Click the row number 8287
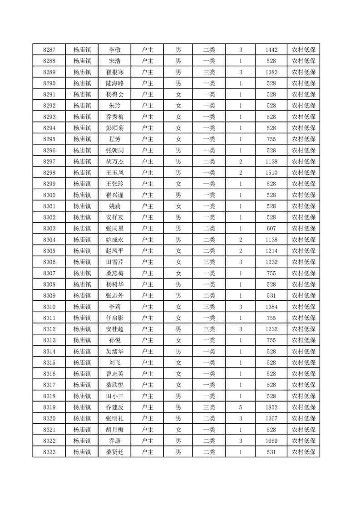point(49,50)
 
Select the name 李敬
point(114,50)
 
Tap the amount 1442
point(271,50)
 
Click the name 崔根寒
point(114,72)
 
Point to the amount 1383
point(271,72)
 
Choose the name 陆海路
point(114,83)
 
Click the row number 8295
point(49,139)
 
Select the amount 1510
point(271,173)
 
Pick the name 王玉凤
point(114,173)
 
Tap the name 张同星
point(114,229)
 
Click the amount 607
point(271,229)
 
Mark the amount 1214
point(271,251)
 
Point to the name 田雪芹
point(114,262)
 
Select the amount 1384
point(271,307)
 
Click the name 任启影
point(114,318)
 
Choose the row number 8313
point(49,340)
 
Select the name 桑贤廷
point(114,452)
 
